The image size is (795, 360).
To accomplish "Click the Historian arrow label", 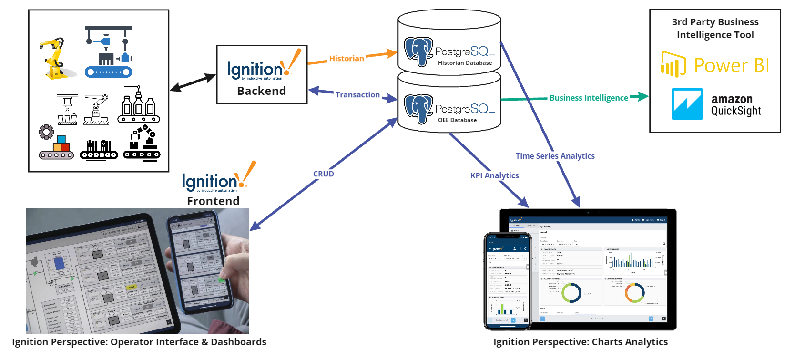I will (x=347, y=59).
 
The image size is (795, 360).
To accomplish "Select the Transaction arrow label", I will (x=357, y=95).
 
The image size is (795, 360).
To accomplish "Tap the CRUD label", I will (x=323, y=174).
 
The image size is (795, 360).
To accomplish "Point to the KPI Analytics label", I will (x=494, y=175).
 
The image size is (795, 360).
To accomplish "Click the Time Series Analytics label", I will (x=555, y=156).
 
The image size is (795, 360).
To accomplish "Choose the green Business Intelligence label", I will (x=589, y=98).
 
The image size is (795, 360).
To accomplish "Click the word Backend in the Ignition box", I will (x=261, y=91).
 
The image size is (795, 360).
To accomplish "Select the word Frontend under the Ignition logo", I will (x=213, y=201).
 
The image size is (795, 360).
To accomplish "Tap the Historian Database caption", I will (x=465, y=63).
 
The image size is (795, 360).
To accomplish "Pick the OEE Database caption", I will (x=457, y=120).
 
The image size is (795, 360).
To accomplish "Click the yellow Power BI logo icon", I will (x=673, y=64).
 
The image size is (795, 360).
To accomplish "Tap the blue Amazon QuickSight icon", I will (x=687, y=103).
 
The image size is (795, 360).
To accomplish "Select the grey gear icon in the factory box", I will (x=46, y=132).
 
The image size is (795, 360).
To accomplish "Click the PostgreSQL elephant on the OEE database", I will (x=418, y=109).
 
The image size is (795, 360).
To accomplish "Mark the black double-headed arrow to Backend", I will (x=193, y=82).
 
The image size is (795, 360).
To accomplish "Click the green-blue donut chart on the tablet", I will (x=571, y=293).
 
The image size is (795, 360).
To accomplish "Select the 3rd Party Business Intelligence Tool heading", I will (x=715, y=28).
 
